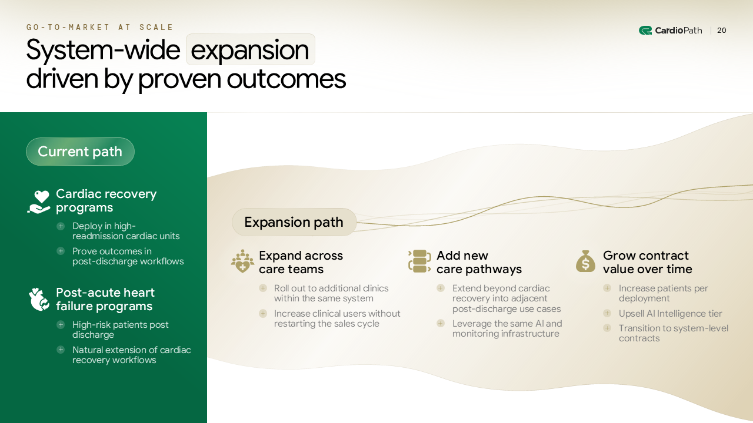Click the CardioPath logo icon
point(645,31)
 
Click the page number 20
point(721,31)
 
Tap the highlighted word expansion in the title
point(250,50)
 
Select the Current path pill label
point(80,152)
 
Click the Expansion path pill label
point(294,222)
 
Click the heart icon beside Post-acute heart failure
point(39,300)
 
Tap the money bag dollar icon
point(585,261)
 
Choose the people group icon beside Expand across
point(242,261)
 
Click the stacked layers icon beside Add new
point(419,261)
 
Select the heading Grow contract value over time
point(647,263)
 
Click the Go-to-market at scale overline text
point(100,27)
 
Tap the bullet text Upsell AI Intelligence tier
point(670,314)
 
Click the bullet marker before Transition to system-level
point(607,328)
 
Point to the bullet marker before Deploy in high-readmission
point(61,226)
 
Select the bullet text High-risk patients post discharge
point(120,330)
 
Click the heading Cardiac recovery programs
point(106,201)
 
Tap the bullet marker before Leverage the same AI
point(441,323)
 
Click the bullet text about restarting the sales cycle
point(337,318)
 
